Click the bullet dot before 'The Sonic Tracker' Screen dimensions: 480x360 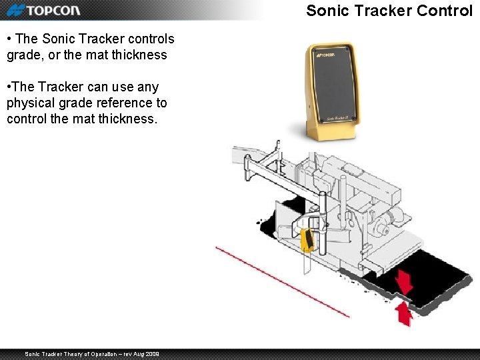9,39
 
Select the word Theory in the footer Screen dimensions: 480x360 79,353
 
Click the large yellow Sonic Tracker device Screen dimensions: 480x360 331,93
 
